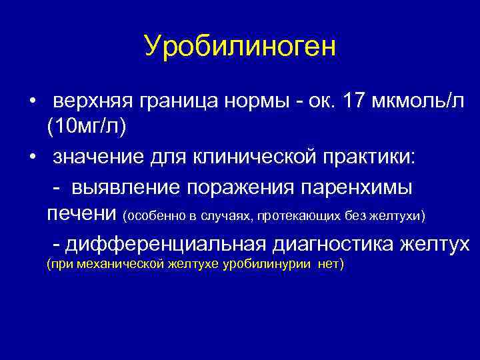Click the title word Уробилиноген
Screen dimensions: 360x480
pyautogui.click(x=240, y=46)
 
